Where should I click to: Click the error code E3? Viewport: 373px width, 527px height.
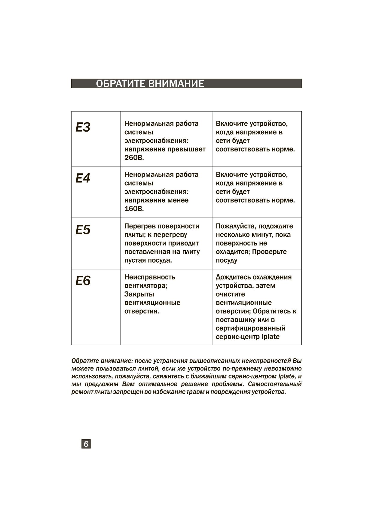pos(83,127)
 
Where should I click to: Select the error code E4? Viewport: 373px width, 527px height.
pos(83,178)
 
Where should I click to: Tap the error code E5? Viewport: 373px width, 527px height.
pos(83,230)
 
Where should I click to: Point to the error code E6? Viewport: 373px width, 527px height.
pos(83,281)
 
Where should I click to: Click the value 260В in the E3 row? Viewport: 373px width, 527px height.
pos(134,158)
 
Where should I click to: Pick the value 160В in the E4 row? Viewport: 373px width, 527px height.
pos(134,209)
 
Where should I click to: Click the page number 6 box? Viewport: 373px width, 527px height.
pos(86,444)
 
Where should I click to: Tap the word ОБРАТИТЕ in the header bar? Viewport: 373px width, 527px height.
pos(121,84)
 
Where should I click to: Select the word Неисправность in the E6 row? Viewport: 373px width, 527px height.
pos(150,277)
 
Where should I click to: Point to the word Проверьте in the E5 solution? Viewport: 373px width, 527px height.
pos(269,252)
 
